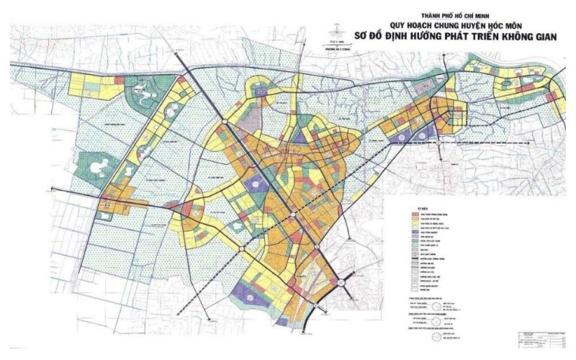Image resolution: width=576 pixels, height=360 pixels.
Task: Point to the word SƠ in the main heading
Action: click(x=361, y=33)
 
